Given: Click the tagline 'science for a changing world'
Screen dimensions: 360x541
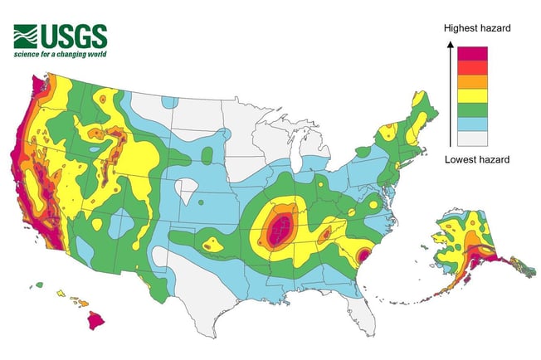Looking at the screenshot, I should click(x=60, y=55).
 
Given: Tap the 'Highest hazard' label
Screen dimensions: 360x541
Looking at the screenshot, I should click(x=475, y=28).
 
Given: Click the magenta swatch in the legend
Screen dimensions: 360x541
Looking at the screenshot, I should click(x=473, y=53).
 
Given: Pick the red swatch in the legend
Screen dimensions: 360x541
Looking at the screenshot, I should click(x=473, y=68).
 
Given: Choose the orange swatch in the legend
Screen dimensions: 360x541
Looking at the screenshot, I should click(x=473, y=82).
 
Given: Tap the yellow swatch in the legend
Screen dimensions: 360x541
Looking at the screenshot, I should click(x=473, y=96).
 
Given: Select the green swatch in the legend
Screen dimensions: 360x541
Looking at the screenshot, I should click(x=473, y=110).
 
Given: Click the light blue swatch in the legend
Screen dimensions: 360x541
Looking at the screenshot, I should click(x=473, y=124).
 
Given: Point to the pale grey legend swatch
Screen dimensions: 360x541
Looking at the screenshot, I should click(x=473, y=139).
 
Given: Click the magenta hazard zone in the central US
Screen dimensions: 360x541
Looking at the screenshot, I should click(x=280, y=227).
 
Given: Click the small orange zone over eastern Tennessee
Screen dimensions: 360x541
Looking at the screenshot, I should click(x=326, y=234).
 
